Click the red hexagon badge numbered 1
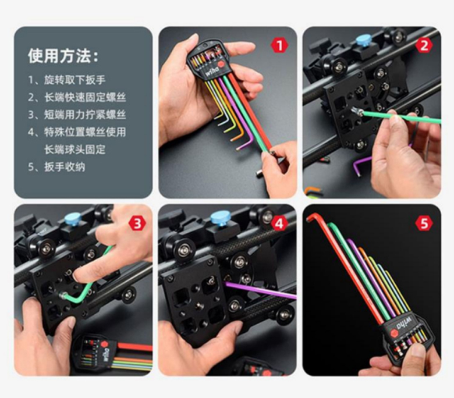pyautogui.click(x=279, y=45)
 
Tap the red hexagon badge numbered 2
pyautogui.click(x=424, y=45)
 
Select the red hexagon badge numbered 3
pyautogui.click(x=137, y=223)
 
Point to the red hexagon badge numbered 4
pyautogui.click(x=279, y=223)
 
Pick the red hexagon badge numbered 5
pyautogui.click(x=424, y=223)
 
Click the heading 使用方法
pyautogui.click(x=63, y=56)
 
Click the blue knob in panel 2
pyautogui.click(x=361, y=41)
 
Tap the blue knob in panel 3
pyautogui.click(x=72, y=219)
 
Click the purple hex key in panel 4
pyautogui.click(x=261, y=290)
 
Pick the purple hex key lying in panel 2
pyautogui.click(x=361, y=164)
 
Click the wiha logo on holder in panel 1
pyautogui.click(x=212, y=71)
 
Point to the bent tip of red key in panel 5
pyautogui.click(x=310, y=216)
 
